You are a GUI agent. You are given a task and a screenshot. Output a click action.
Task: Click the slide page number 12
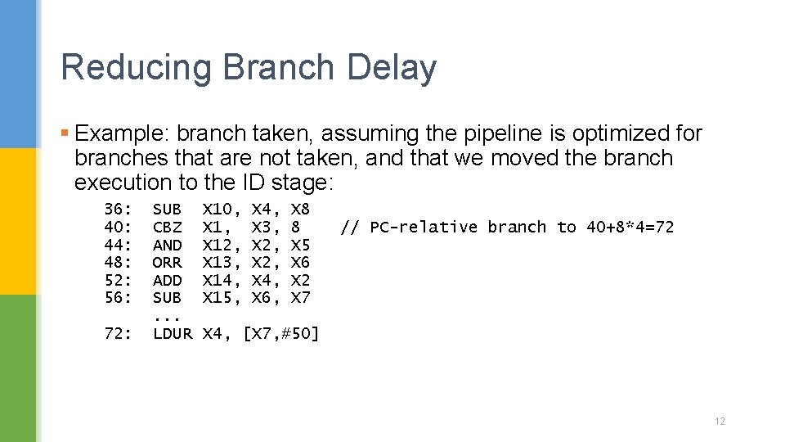tap(720, 422)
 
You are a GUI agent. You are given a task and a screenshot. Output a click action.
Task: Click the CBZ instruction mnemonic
tap(168, 227)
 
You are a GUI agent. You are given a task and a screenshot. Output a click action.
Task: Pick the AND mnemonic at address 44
tap(168, 245)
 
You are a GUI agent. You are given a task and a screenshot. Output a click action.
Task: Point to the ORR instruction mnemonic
tap(168, 262)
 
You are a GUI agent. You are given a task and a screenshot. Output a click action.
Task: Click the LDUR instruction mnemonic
tap(173, 333)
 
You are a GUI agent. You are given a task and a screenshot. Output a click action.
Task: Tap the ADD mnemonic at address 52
tap(168, 280)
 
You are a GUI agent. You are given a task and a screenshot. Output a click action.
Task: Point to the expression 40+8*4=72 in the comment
tap(630, 227)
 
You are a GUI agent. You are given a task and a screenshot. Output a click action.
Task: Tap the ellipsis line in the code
tap(167, 315)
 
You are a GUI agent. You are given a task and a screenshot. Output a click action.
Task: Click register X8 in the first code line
tap(300, 209)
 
